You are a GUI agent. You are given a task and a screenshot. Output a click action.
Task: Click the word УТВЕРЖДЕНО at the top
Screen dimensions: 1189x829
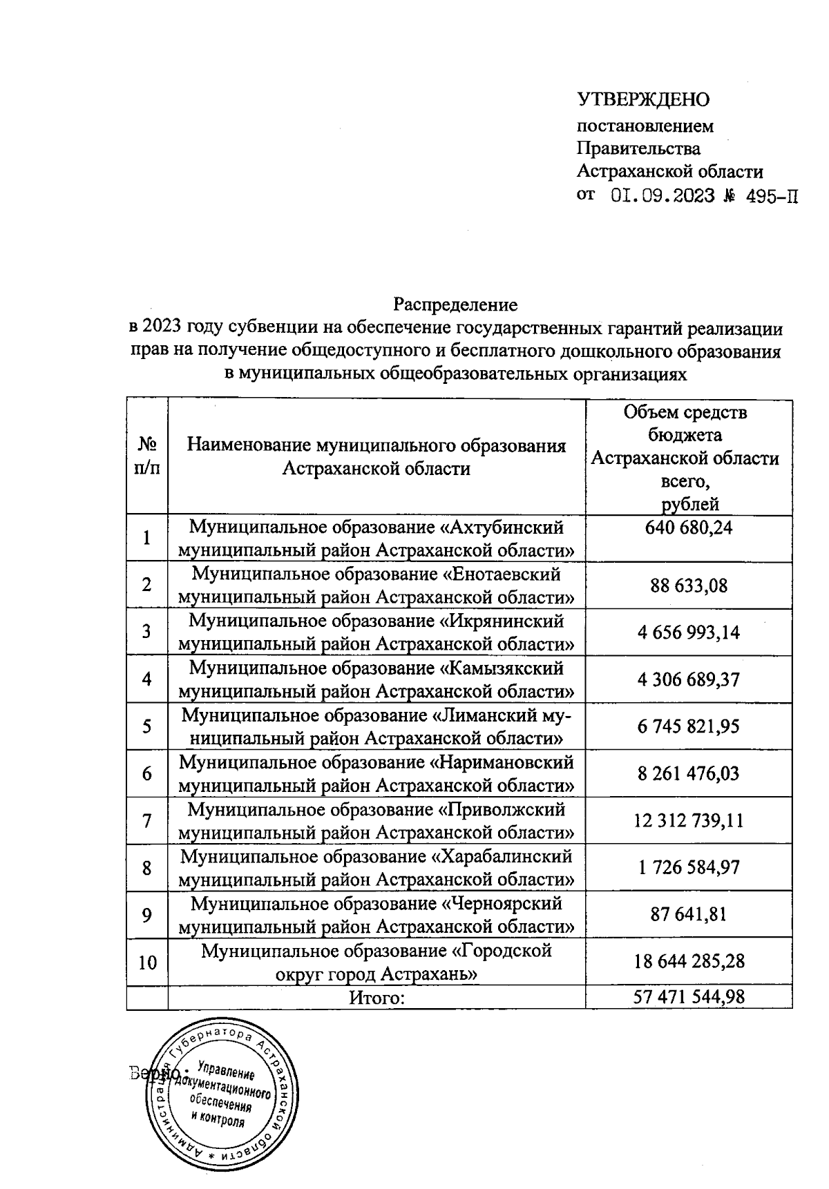[643, 100]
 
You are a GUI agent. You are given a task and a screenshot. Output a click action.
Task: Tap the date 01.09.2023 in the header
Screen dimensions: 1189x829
[663, 196]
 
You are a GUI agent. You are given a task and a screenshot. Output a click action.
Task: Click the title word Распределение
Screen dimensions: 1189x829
[456, 304]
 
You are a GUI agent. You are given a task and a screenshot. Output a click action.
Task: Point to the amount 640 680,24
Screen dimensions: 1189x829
[689, 528]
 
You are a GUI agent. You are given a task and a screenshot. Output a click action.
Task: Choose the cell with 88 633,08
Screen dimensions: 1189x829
[689, 586]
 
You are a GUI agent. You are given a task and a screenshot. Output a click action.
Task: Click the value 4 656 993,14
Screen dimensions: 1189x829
[689, 632]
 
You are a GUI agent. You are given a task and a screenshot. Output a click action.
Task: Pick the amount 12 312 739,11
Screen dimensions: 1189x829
[689, 820]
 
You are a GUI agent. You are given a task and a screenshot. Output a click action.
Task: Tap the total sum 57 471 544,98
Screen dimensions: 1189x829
[689, 997]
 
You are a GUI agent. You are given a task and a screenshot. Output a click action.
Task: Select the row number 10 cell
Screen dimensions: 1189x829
[147, 962]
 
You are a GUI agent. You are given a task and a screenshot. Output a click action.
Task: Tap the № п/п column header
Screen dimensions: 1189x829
[147, 456]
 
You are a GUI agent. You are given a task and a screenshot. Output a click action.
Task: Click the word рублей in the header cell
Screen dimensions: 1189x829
[690, 505]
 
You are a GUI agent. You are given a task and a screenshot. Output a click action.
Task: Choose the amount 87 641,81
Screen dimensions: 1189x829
[689, 915]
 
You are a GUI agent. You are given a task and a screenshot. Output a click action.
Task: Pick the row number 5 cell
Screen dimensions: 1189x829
[147, 726]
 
